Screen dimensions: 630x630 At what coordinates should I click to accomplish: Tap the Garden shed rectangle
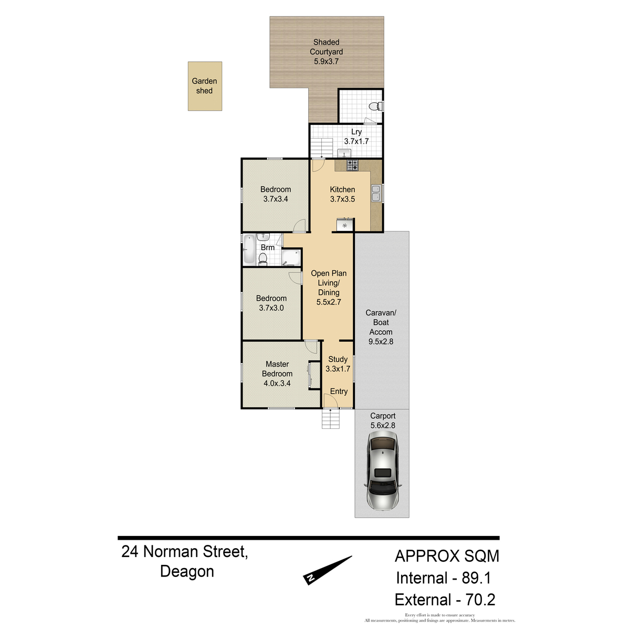(205, 86)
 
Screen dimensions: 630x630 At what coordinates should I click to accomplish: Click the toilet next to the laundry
(376, 106)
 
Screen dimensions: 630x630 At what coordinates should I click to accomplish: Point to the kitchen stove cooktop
(352, 165)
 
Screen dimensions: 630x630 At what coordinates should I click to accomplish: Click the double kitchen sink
(376, 193)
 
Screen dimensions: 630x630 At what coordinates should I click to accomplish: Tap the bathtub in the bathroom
(249, 249)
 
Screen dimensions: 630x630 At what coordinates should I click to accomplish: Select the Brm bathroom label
(267, 248)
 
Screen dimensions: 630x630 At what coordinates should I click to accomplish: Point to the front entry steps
(331, 419)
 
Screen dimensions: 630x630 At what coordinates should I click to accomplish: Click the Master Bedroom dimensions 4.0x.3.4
(277, 383)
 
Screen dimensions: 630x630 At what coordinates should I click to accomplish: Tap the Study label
(338, 359)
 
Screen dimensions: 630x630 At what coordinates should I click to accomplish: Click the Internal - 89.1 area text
(444, 578)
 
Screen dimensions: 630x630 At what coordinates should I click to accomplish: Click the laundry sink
(344, 153)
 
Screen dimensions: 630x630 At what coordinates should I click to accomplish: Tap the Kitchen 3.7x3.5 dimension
(342, 199)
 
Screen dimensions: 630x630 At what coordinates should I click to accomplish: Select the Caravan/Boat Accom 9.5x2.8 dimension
(381, 342)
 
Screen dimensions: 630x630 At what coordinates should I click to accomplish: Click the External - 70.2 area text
(445, 600)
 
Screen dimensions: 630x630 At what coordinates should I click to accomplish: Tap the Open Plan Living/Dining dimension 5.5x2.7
(329, 302)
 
